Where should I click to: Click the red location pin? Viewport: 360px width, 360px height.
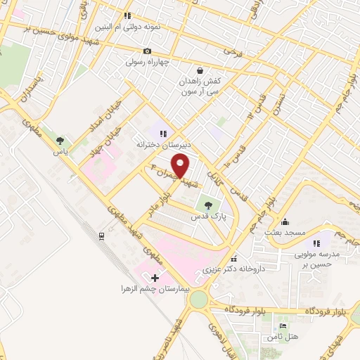(x=182, y=166)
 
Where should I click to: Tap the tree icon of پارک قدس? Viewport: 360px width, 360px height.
(x=208, y=205)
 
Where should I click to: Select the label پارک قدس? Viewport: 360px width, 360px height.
(x=208, y=218)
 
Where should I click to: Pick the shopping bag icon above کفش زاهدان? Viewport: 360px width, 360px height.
(x=200, y=70)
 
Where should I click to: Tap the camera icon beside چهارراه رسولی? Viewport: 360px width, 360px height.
(x=147, y=51)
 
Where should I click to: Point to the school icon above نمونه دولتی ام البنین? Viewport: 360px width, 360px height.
(x=127, y=15)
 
